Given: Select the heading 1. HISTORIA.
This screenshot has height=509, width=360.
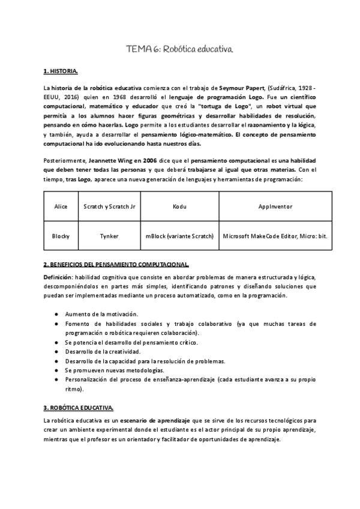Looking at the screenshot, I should [x=61, y=72].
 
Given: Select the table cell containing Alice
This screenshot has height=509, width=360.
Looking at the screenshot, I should [x=61, y=205].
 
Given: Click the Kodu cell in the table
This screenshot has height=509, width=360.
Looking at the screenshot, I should [x=179, y=205].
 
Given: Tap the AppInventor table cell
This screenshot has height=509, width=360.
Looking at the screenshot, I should [x=275, y=205].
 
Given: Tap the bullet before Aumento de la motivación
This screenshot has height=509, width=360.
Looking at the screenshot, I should [x=56, y=314].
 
